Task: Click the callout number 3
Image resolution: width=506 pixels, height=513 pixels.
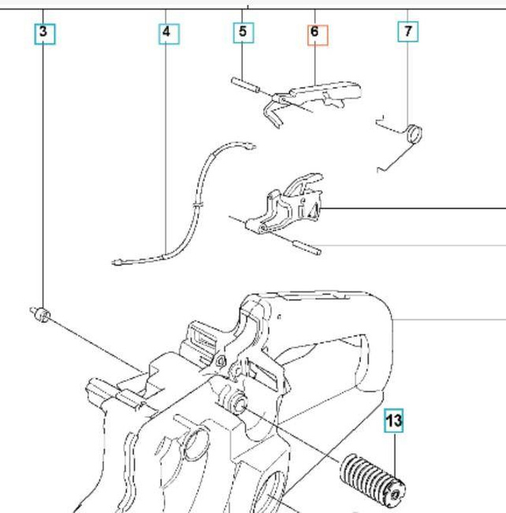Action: (43, 32)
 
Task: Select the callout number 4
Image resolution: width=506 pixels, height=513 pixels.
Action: (166, 32)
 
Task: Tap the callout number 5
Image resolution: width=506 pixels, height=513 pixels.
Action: (242, 32)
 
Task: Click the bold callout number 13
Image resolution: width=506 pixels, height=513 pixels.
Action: (393, 421)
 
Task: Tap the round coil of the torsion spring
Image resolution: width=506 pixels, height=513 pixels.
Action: (415, 132)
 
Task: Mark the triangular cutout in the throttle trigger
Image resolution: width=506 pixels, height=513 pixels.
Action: (311, 209)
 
